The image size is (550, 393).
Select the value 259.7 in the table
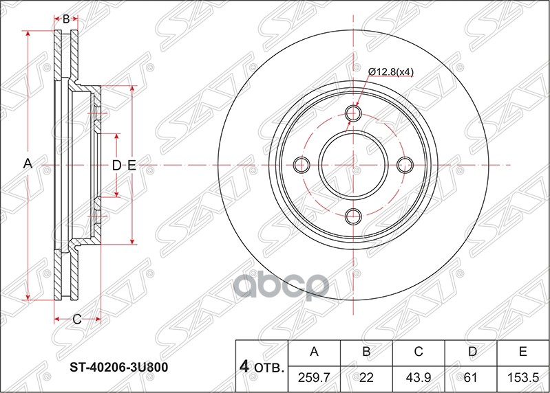coord(314,377)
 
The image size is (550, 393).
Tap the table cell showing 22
coord(366,377)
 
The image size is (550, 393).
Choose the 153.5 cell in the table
coord(522,377)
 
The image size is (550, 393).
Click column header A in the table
coord(314,352)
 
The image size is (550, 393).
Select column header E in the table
coord(522,352)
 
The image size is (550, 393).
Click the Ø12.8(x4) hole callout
coord(390,71)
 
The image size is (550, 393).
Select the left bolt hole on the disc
coord(302,165)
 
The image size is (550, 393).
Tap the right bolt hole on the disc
coord(405,165)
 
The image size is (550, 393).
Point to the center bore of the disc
coord(354,165)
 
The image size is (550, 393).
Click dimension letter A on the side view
coord(28,164)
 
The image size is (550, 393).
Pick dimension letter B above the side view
coord(66,19)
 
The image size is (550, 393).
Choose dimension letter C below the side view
coord(76,319)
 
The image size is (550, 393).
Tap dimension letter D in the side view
coord(116,165)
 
